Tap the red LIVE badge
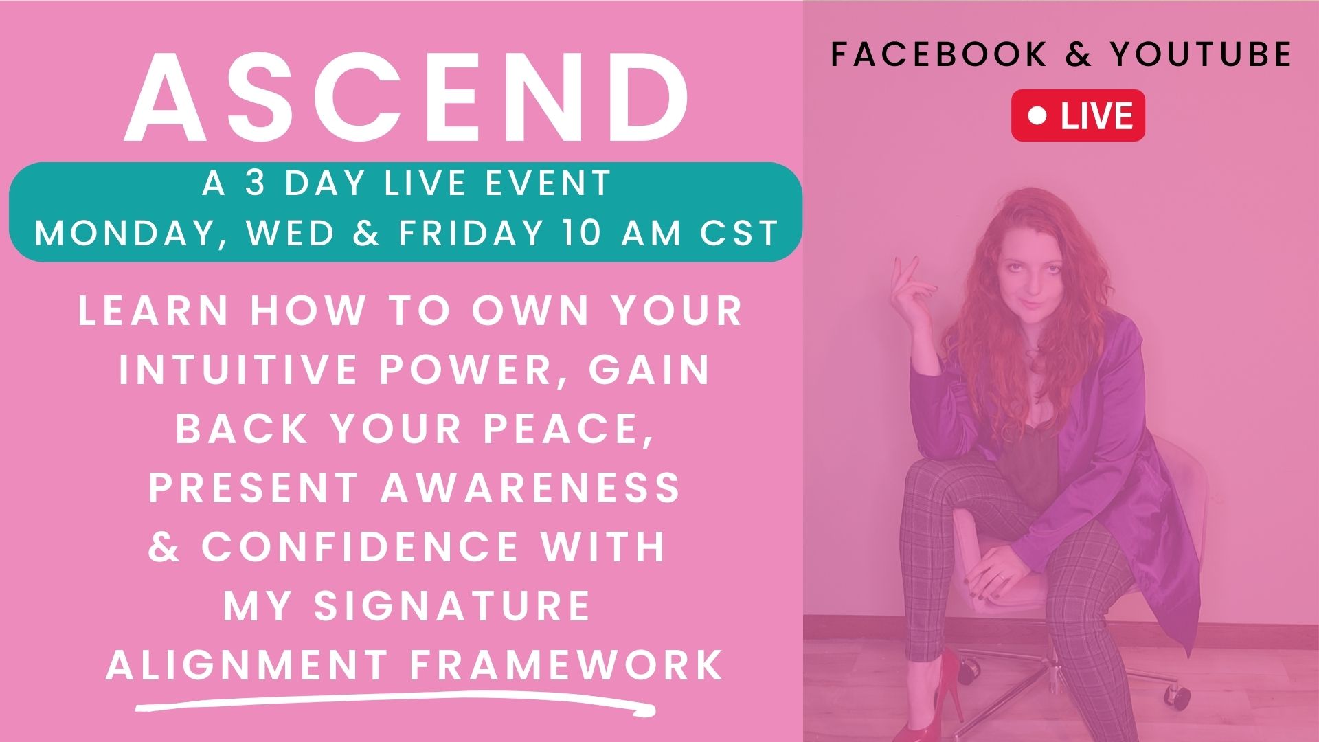[1078, 115]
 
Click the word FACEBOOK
[938, 54]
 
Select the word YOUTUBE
[1202, 54]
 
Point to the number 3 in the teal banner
[256, 183]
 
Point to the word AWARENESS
[530, 487]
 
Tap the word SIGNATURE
[452, 606]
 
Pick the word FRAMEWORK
[567, 665]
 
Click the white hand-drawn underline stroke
[395, 702]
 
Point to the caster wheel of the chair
[1179, 697]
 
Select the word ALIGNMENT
[247, 665]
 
